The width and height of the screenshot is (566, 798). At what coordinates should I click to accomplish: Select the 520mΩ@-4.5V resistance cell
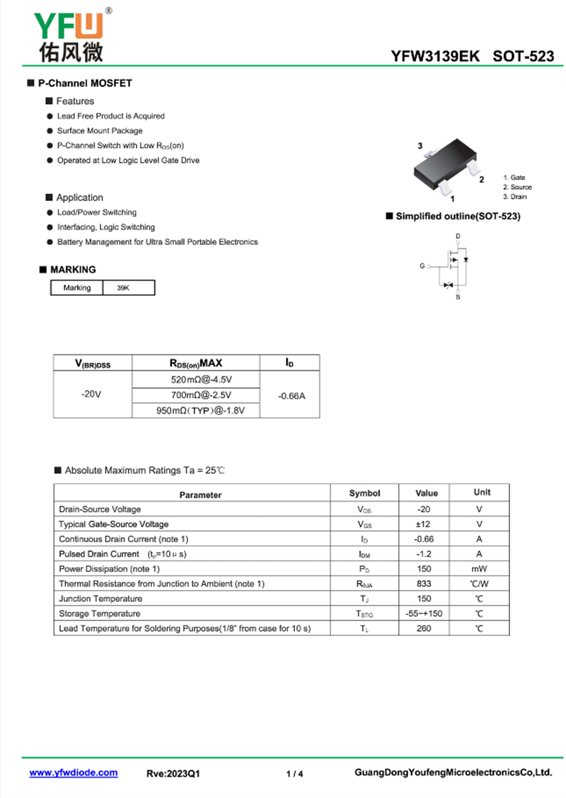tap(196, 380)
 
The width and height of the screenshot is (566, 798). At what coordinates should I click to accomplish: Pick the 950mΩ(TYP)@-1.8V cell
tap(196, 410)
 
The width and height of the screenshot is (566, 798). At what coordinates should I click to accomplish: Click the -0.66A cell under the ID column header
tap(290, 395)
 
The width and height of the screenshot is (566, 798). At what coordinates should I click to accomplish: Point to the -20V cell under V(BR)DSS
tap(93, 395)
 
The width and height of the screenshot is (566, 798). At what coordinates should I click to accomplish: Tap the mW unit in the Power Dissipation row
tap(479, 569)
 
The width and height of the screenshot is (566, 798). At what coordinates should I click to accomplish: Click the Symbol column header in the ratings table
tap(364, 493)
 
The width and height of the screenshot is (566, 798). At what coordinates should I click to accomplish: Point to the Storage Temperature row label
tap(100, 613)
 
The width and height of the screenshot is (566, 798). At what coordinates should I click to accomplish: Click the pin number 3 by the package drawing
tap(420, 146)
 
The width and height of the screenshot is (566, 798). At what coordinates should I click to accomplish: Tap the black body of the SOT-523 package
tap(441, 166)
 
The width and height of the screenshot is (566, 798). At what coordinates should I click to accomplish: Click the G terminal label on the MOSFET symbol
tap(422, 266)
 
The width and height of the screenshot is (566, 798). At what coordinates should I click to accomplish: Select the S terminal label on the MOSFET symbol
tap(458, 297)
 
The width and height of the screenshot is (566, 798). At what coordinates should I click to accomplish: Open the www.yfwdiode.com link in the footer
tap(74, 773)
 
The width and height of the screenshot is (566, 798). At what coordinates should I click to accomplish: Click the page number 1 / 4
tap(295, 774)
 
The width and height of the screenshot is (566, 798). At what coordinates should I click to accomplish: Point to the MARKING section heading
tap(72, 270)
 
